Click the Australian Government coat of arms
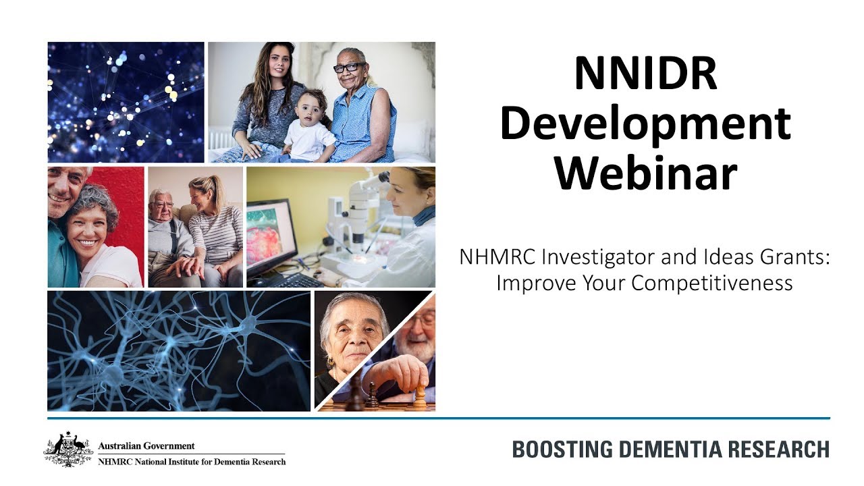tap(68, 450)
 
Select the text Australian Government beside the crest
tap(146, 446)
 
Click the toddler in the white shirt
tap(309, 128)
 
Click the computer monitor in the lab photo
tap(271, 233)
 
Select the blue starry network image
tap(126, 102)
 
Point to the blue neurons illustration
tap(179, 350)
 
